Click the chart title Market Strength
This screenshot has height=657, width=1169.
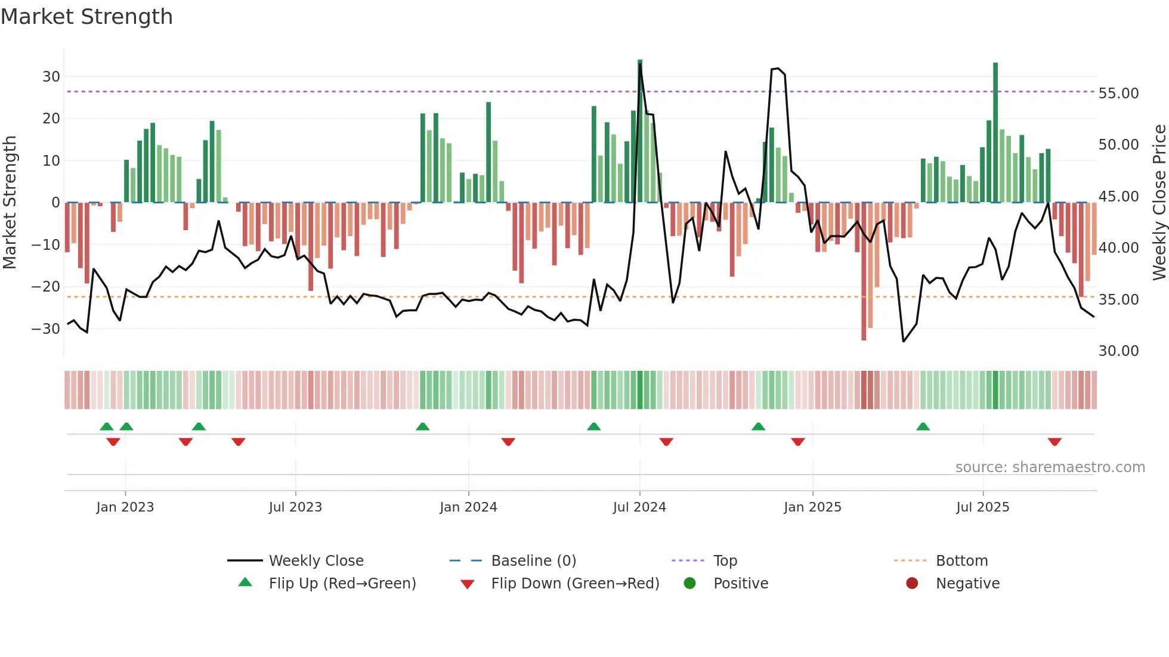(86, 17)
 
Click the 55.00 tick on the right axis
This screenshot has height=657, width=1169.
(1118, 94)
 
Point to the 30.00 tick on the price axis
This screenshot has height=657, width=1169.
(1118, 351)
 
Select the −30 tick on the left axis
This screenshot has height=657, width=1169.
(45, 328)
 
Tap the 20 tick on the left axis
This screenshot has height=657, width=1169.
(51, 119)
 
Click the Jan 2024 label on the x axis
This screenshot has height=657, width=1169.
(468, 507)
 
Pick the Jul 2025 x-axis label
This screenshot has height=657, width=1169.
(982, 507)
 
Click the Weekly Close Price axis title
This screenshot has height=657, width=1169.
(1159, 203)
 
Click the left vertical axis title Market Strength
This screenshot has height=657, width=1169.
(10, 203)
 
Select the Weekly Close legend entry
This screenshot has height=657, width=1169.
(316, 561)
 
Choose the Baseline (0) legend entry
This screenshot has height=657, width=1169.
(533, 561)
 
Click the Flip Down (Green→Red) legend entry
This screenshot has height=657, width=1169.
(574, 584)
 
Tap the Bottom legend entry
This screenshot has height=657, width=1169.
(961, 561)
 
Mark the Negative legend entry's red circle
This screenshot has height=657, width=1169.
(912, 584)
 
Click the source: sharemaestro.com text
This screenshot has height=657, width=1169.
(1050, 467)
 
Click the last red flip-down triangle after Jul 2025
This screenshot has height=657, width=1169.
(1054, 442)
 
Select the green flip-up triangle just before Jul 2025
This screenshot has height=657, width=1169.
(923, 426)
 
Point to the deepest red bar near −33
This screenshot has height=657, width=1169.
(864, 271)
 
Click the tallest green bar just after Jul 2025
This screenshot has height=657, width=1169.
(995, 132)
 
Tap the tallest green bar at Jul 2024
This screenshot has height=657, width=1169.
(640, 131)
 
